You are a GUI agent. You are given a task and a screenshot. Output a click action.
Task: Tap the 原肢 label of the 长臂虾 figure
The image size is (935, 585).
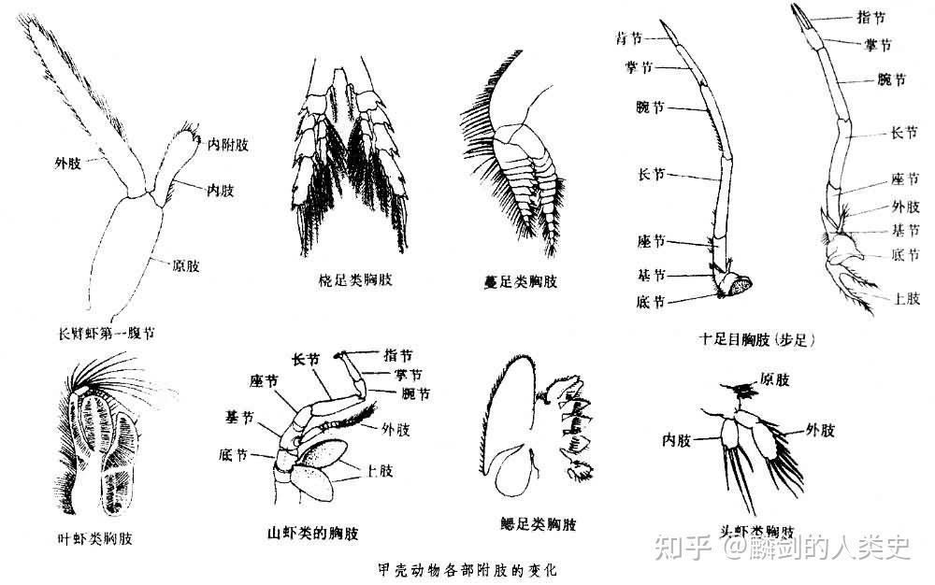pyautogui.click(x=185, y=265)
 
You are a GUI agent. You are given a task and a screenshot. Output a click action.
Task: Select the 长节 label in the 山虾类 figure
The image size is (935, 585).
pyautogui.click(x=307, y=358)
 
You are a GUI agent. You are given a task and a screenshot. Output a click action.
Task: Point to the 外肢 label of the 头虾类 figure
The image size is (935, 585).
pyautogui.click(x=820, y=430)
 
